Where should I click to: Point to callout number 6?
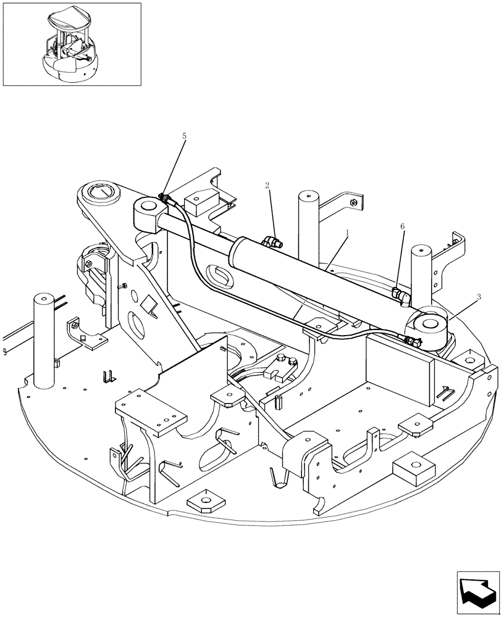click(x=402, y=227)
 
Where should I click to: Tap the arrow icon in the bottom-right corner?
click(x=477, y=592)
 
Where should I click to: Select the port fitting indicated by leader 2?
click(x=270, y=243)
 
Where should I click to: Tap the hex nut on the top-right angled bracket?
click(x=353, y=201)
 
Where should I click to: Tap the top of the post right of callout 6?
click(x=421, y=252)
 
